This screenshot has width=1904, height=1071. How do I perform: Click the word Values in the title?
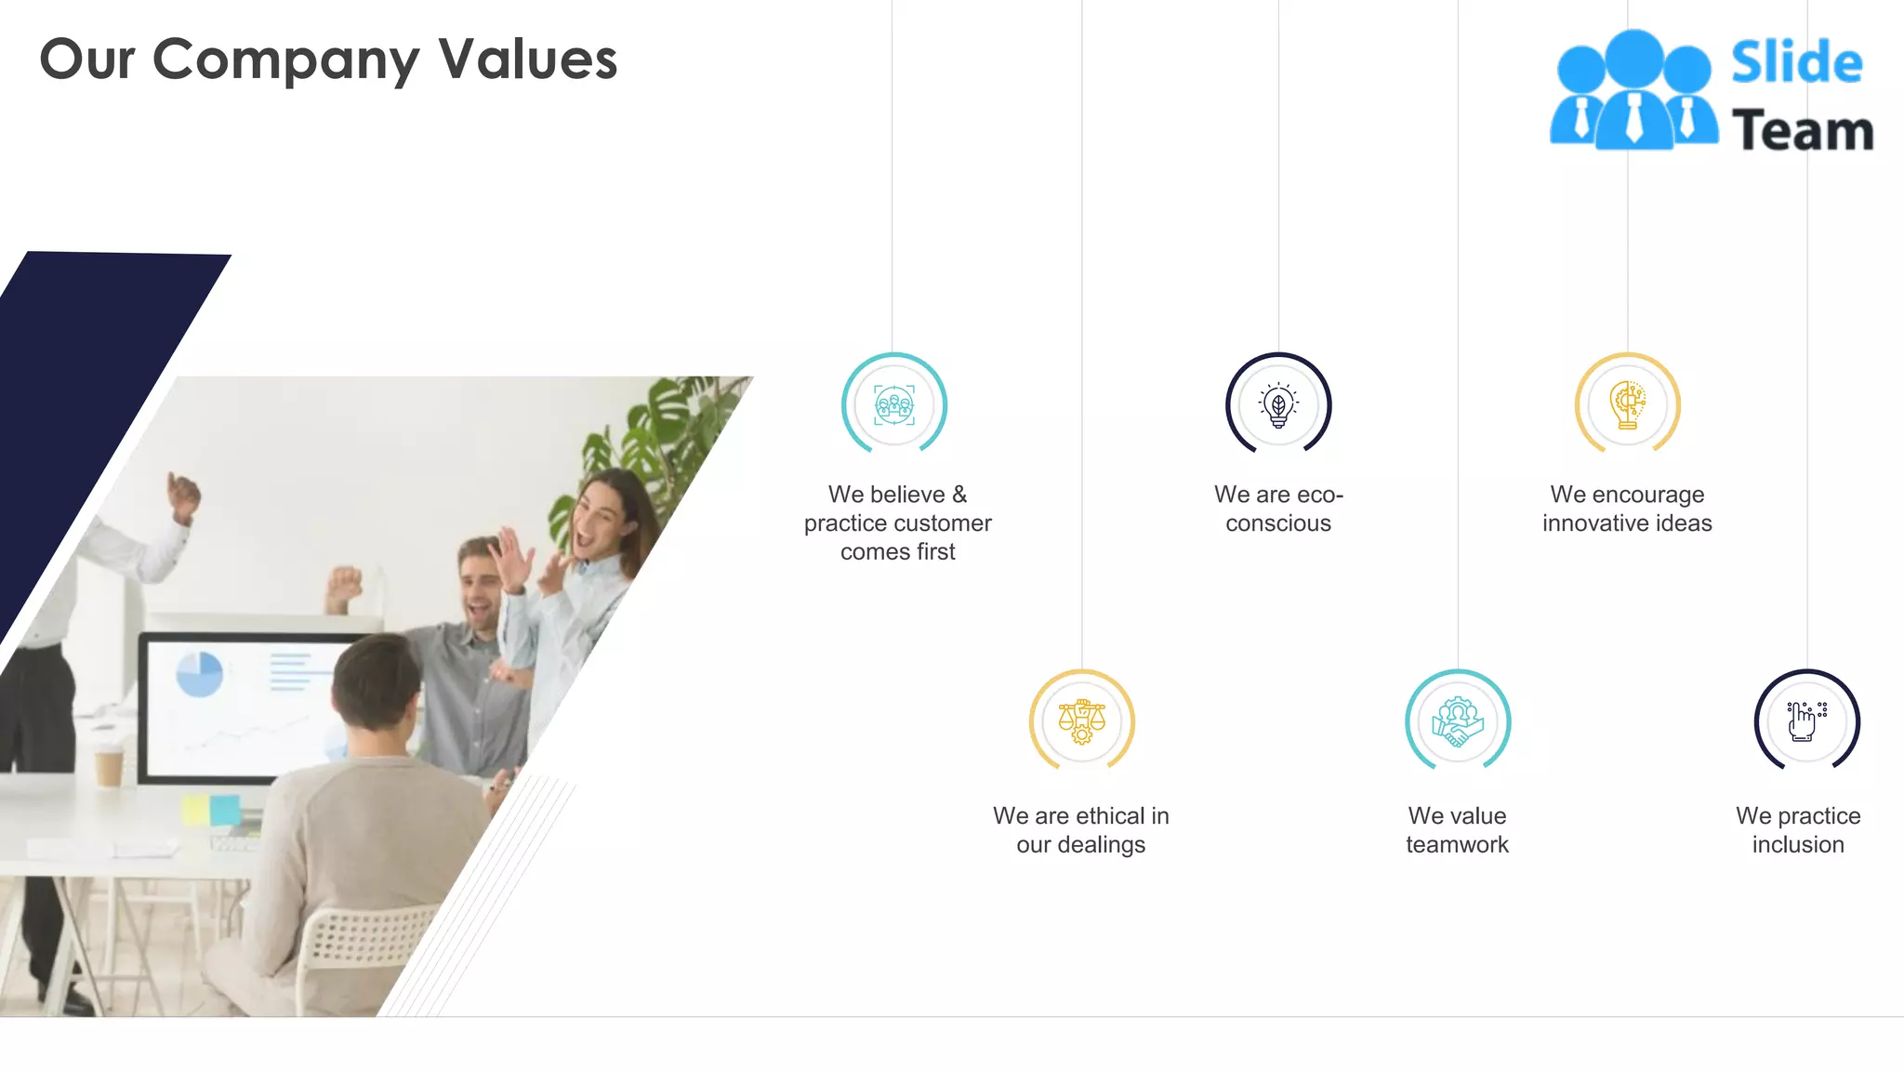[527, 59]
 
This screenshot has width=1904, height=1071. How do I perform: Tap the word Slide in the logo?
[1796, 63]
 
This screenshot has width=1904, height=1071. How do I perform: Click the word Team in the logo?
[1803, 130]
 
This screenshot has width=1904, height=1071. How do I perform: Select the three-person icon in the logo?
[1633, 91]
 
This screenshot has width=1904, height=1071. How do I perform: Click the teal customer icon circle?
[894, 405]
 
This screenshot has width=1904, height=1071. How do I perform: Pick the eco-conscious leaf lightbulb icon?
[1278, 405]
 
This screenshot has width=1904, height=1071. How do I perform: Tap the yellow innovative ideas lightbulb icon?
[1627, 405]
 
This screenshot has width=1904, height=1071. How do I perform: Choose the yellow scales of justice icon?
[1081, 721]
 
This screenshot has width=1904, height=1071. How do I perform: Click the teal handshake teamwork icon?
[1458, 721]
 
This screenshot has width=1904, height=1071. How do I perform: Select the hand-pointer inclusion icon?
[1806, 721]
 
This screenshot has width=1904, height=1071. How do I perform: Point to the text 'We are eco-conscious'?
[1278, 509]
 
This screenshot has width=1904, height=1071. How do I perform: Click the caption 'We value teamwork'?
[1457, 830]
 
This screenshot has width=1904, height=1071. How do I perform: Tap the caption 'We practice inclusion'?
[1798, 830]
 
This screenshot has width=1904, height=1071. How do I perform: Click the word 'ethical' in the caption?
[1109, 816]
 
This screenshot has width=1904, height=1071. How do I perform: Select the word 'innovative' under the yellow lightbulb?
[1595, 523]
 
